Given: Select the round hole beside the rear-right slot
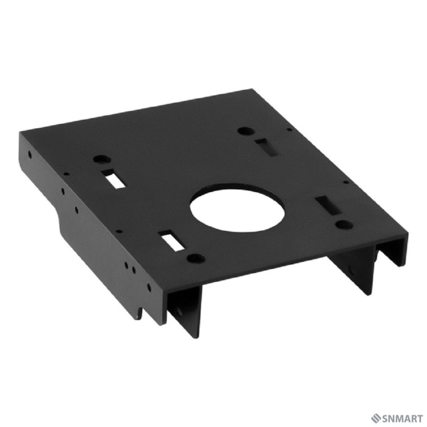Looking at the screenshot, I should click(x=244, y=130).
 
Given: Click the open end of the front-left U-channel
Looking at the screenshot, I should click(x=183, y=305).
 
